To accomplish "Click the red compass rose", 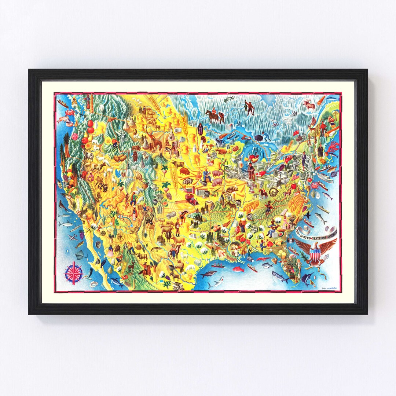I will [x=74, y=272].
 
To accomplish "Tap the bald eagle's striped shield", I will [x=315, y=253].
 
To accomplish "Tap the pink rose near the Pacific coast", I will [x=76, y=136].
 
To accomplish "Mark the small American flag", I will [x=296, y=177].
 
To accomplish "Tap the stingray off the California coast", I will [x=80, y=253].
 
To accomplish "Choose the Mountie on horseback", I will [x=213, y=115].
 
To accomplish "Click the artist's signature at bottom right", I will [x=329, y=287].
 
